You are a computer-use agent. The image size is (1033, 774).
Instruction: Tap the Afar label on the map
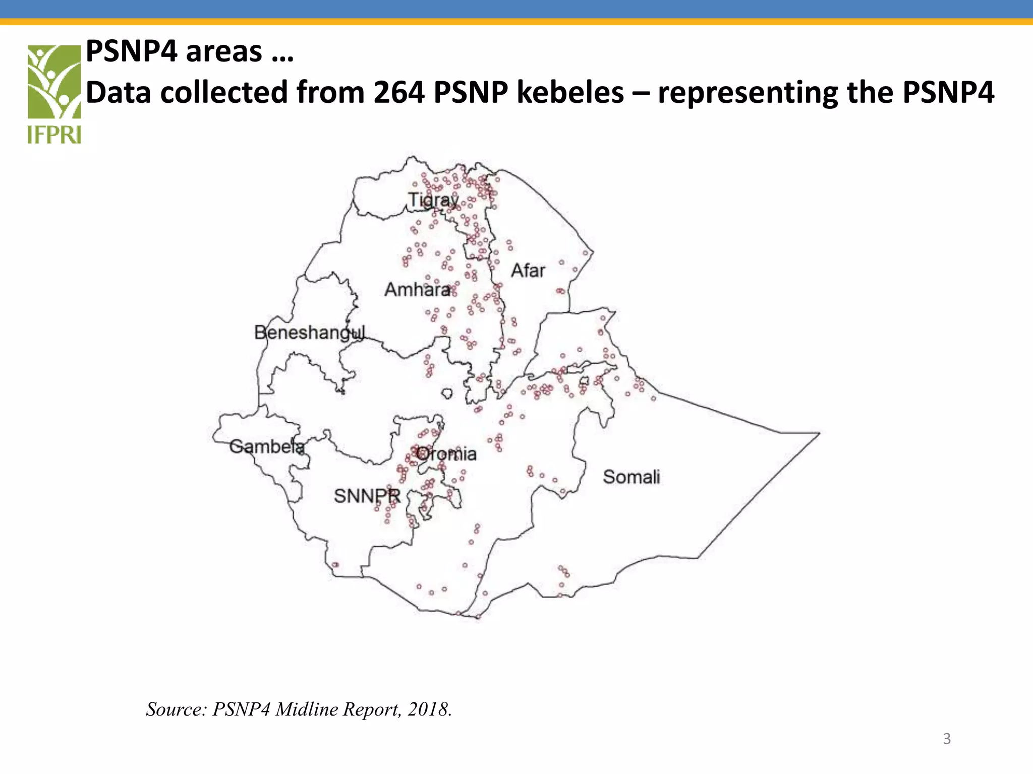528,271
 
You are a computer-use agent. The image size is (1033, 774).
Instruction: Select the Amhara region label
418,290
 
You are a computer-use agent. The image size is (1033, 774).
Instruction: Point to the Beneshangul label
309,333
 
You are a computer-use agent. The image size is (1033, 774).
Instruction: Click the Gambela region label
267,446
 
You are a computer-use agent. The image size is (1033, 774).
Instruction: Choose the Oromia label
446,454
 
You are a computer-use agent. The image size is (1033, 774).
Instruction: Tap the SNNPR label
367,496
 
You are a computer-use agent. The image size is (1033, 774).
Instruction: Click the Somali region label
631,477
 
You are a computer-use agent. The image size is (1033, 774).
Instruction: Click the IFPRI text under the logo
54,135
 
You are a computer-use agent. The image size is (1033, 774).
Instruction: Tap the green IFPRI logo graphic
54,82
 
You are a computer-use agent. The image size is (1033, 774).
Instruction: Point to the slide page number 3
947,739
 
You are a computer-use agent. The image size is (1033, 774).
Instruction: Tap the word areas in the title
223,52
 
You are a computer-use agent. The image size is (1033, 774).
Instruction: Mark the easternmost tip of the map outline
819,433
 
